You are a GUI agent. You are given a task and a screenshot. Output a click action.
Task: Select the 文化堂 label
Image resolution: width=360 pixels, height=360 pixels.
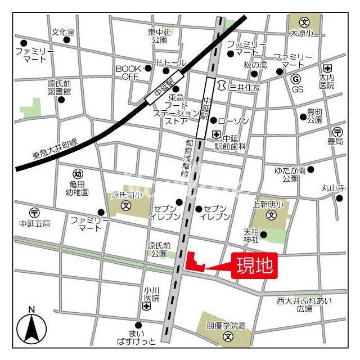tap(63, 32)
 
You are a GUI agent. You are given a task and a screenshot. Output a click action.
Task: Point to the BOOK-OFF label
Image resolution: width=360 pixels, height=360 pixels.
tap(127, 73)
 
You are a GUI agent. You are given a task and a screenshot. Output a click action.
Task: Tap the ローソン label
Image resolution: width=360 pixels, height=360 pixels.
tap(232, 121)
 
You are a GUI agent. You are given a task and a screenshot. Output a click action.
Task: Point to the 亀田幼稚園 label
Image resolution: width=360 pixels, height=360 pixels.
tap(78, 188)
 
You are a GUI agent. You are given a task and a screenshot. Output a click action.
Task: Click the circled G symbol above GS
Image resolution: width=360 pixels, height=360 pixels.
tap(296, 79)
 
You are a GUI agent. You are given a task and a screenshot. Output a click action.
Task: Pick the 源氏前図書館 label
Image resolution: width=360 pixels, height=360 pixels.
tap(59, 87)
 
